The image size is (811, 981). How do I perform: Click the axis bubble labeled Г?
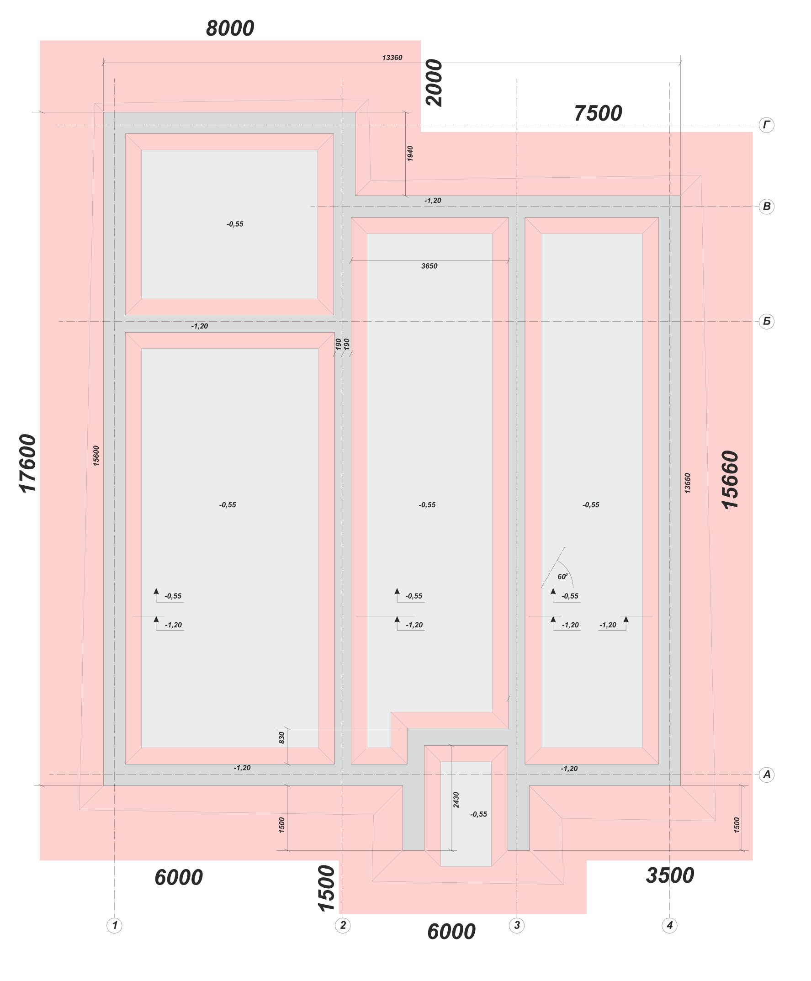pos(767,125)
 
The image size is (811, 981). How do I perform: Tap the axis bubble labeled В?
pos(767,207)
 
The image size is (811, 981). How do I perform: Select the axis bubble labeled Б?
pos(767,321)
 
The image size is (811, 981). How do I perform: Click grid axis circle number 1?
pos(115,925)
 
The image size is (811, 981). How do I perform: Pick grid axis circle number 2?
pos(343,925)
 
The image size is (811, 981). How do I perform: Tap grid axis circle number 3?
pos(517,925)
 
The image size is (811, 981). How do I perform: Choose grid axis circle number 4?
pos(670,925)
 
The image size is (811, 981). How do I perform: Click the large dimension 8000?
pos(230,28)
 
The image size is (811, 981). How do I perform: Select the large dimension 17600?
pos(28,463)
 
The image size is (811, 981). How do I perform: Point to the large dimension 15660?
pos(731,479)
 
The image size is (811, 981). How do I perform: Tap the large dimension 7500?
pos(598,113)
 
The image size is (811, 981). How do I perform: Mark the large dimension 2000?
pos(435,83)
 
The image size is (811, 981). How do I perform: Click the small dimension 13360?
pos(392,58)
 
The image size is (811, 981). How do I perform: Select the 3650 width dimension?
pos(429,266)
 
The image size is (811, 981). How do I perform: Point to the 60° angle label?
pos(562,577)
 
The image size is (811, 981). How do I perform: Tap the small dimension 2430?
pos(456,799)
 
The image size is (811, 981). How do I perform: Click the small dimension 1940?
pos(410,154)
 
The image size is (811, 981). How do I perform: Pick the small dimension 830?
pos(282,737)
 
